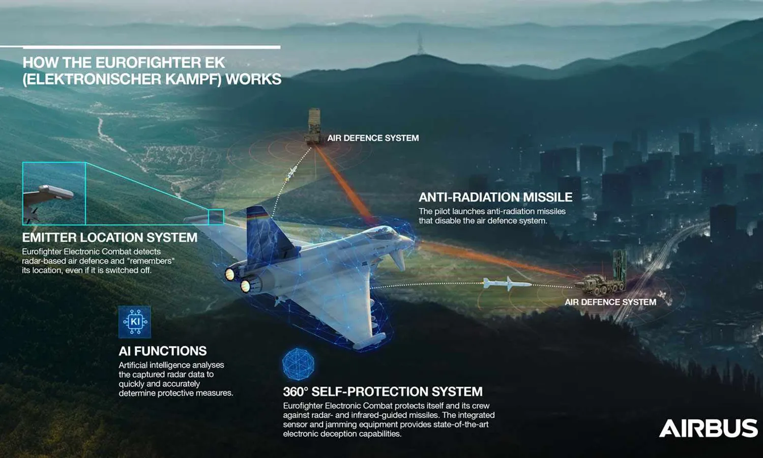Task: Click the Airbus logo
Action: point(709,428)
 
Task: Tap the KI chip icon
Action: point(135,322)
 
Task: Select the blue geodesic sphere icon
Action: point(299,364)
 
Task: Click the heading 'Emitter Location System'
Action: point(110,238)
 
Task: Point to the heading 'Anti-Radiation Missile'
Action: point(495,197)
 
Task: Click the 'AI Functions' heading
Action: point(162,351)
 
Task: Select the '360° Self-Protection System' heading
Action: point(383,391)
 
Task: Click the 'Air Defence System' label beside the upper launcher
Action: point(373,138)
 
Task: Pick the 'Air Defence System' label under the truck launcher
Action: point(610,302)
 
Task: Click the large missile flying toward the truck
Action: point(507,283)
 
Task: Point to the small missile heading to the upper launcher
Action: point(291,173)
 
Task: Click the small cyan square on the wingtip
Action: point(216,217)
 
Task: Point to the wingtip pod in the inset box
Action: point(56,191)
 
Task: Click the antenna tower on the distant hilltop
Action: point(420,43)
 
